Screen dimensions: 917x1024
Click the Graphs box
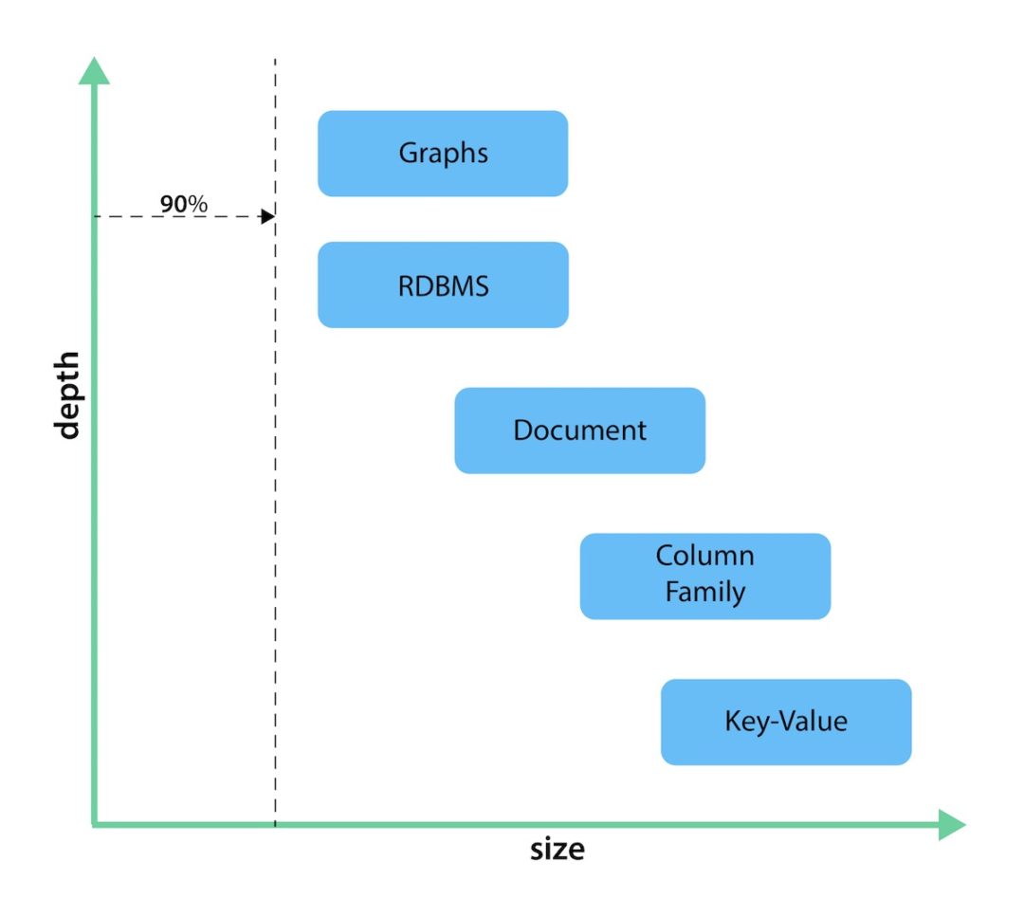pos(443,154)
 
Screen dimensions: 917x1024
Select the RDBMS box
pos(443,284)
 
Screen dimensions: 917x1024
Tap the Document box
pos(579,431)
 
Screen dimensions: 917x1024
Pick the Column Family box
pos(704,576)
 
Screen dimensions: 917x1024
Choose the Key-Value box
pos(785,722)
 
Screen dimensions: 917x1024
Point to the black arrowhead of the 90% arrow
pos(268,217)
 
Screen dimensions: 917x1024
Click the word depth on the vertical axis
pos(66,396)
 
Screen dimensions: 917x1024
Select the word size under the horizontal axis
pos(557,849)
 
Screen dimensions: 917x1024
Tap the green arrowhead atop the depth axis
pos(93,71)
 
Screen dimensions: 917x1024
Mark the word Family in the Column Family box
pos(704,593)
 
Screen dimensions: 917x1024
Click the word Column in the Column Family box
pos(704,556)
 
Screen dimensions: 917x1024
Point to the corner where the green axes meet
pos(94,824)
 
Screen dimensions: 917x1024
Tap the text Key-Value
pos(785,722)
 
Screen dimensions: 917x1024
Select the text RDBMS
pos(443,285)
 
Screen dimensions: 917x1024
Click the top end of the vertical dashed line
pos(275,61)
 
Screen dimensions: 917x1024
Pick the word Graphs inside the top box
pos(443,154)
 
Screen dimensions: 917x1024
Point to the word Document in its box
pos(579,431)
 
